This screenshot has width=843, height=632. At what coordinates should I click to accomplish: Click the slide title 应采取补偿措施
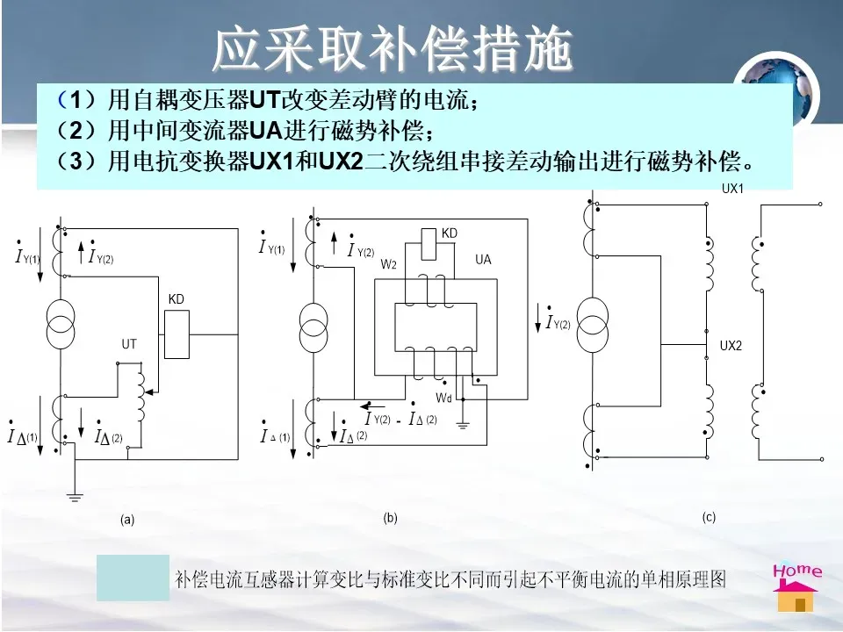pyautogui.click(x=393, y=50)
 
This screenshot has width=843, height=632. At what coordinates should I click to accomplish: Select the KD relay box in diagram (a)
pyautogui.click(x=177, y=334)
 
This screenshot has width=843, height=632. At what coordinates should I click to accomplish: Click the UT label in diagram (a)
pyautogui.click(x=129, y=345)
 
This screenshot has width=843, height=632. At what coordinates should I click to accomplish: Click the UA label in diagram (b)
pyautogui.click(x=483, y=260)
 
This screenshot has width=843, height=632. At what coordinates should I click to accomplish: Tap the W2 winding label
pyautogui.click(x=388, y=262)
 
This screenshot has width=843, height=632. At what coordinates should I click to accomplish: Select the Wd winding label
pyautogui.click(x=443, y=398)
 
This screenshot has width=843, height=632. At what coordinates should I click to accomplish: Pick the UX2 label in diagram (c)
pyautogui.click(x=731, y=346)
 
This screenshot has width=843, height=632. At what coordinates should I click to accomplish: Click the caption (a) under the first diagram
pyautogui.click(x=127, y=520)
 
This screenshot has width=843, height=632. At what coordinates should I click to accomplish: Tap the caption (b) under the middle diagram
pyautogui.click(x=390, y=518)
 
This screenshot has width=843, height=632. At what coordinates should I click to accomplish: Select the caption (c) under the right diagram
pyautogui.click(x=709, y=518)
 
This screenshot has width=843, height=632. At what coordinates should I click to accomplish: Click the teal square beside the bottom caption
pyautogui.click(x=133, y=578)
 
